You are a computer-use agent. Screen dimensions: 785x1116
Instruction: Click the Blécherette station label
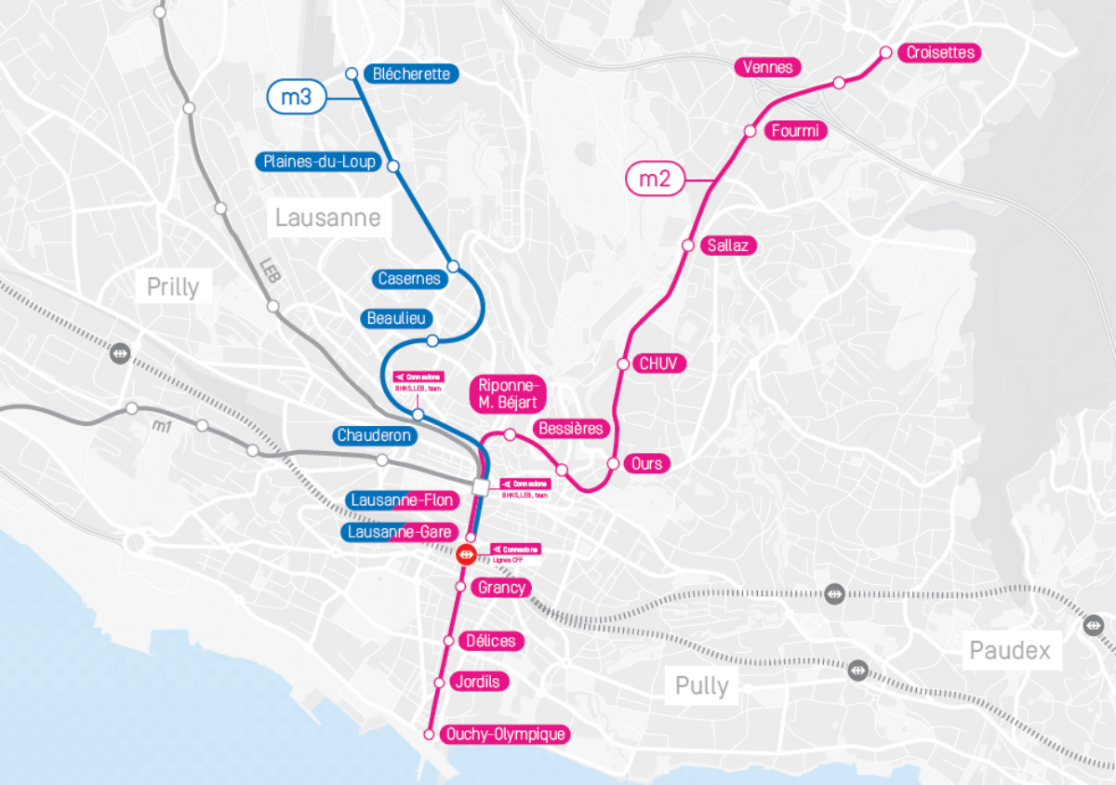pyautogui.click(x=410, y=73)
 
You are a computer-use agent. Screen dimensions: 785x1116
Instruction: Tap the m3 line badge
pyautogui.click(x=296, y=98)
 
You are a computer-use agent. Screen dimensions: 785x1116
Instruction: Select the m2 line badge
pyautogui.click(x=657, y=179)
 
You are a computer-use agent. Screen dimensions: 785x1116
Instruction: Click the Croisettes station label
pyautogui.click(x=940, y=52)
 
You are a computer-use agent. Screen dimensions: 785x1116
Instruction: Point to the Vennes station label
pyautogui.click(x=767, y=67)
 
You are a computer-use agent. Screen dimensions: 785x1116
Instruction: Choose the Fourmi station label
pyautogui.click(x=796, y=131)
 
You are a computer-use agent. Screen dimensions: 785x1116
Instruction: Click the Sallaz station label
pyautogui.click(x=728, y=246)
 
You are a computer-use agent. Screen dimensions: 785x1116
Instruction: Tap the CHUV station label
pyautogui.click(x=661, y=364)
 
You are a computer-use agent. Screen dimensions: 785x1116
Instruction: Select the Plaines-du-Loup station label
pyautogui.click(x=319, y=162)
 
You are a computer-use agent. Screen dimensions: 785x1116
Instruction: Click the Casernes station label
pyautogui.click(x=409, y=278)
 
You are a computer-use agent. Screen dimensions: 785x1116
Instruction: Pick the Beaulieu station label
pyautogui.click(x=397, y=319)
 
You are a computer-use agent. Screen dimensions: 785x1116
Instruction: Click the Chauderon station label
pyautogui.click(x=374, y=435)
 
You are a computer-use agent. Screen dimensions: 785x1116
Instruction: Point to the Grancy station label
pyautogui.click(x=502, y=587)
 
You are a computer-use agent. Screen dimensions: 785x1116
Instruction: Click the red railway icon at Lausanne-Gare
pyautogui.click(x=467, y=554)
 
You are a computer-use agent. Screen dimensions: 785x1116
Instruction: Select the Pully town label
pyautogui.click(x=701, y=686)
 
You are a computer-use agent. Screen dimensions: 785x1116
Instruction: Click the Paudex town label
pyautogui.click(x=1010, y=650)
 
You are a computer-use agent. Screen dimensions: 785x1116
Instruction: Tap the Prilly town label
pyautogui.click(x=173, y=286)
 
